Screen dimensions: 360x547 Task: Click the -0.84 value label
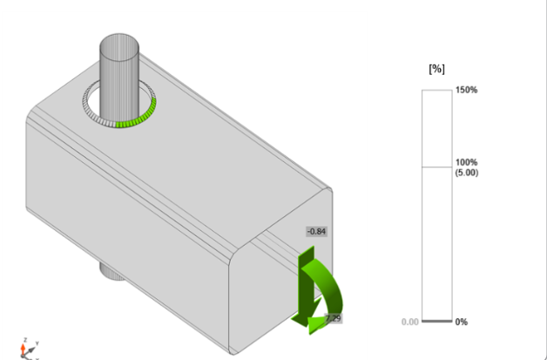click(315, 231)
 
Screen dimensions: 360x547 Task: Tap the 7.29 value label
click(333, 319)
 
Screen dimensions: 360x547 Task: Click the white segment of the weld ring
click(96, 112)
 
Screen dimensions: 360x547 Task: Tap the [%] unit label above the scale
click(437, 69)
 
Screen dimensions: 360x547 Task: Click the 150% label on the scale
click(467, 90)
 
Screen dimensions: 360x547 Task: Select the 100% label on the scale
click(467, 163)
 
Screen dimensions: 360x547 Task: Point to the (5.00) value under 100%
click(467, 173)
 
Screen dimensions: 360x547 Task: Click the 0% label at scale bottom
click(462, 322)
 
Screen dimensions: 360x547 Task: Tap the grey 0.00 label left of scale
click(410, 322)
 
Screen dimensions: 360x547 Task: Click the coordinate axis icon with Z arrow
click(26, 348)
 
